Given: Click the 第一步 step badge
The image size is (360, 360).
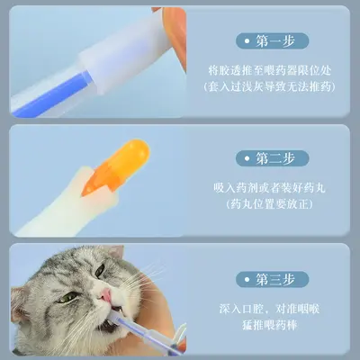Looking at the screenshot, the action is click(272, 41).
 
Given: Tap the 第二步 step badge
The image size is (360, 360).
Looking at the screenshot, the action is click(272, 158).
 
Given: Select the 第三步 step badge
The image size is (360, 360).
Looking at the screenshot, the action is click(272, 280).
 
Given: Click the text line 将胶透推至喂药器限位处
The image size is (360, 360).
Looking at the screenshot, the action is click(270, 71).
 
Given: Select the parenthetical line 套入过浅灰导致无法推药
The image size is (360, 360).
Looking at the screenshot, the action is click(270, 87).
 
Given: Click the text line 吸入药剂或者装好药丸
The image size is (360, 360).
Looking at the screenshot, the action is click(269, 188).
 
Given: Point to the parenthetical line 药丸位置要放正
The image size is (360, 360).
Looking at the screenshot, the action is click(269, 204).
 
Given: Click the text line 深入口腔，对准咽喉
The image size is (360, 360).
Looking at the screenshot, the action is click(269, 309).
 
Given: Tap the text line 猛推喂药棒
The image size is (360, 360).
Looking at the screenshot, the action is click(270, 325).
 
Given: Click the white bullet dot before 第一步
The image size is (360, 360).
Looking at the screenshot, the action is click(247, 41).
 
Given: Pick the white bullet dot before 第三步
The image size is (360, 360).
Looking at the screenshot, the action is click(247, 280).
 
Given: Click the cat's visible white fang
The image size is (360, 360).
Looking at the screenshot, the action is click(120, 309).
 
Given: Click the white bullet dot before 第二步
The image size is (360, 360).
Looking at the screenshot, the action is click(247, 158).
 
